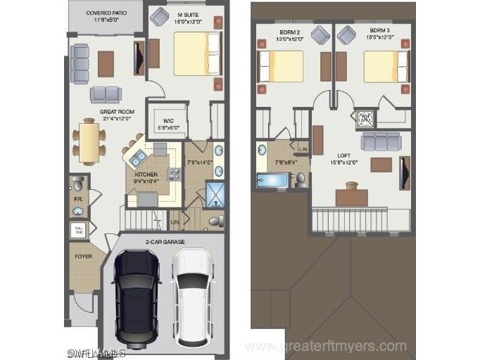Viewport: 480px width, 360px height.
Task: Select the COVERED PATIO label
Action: (106, 16)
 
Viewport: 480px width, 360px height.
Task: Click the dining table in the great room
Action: (89, 142)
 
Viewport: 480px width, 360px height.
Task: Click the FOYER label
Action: (84, 256)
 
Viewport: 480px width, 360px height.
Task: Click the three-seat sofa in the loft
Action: (381, 142)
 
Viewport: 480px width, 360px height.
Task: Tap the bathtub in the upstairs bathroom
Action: (272, 180)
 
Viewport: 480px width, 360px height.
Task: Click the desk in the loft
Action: (351, 196)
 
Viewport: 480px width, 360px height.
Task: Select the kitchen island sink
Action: (138, 157)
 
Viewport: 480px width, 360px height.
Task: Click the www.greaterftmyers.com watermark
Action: (325, 345)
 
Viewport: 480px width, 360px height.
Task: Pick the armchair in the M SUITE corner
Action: (160, 17)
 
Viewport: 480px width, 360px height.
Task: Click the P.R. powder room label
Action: (79, 198)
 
